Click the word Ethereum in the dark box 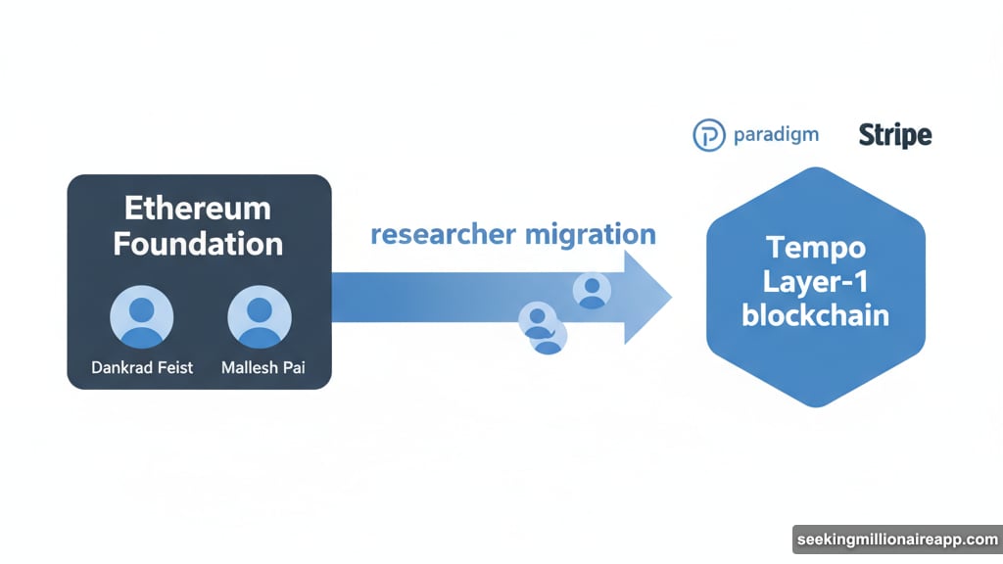coord(198,209)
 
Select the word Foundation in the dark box coord(198,243)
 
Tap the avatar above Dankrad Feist coord(143,317)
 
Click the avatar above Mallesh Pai coord(260,317)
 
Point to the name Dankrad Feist coord(143,368)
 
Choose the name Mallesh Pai coord(260,368)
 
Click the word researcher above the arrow coord(443,235)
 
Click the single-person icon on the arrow coord(592,290)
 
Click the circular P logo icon coord(708,135)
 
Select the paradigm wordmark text coord(776,135)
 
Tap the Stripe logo coord(894,135)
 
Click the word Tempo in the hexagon coord(816,246)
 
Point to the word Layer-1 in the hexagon coord(816,281)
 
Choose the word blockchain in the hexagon coord(816,315)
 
